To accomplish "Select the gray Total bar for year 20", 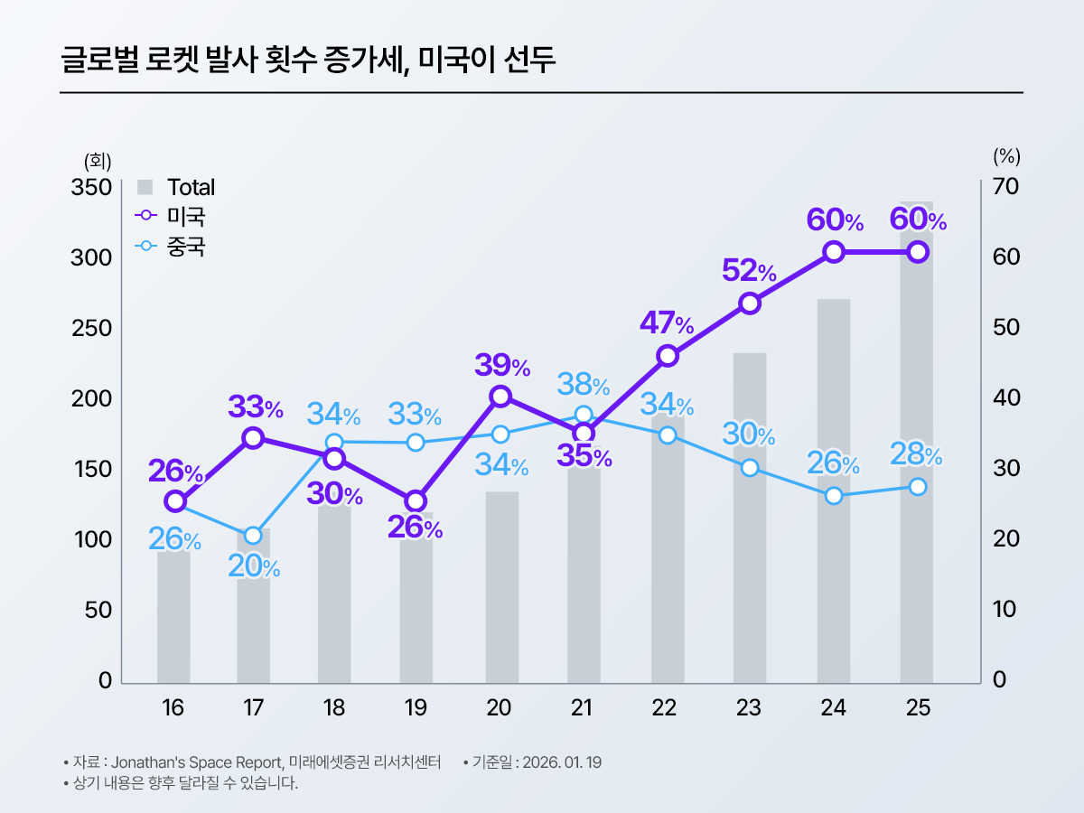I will pyautogui.click(x=501, y=587).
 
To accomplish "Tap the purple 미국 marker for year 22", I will pyautogui.click(x=668, y=356).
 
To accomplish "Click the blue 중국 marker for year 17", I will pyautogui.click(x=253, y=536).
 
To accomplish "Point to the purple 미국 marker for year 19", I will pyautogui.click(x=416, y=501).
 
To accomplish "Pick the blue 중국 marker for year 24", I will pyautogui.click(x=834, y=496).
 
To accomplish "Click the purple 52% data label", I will pyautogui.click(x=749, y=270).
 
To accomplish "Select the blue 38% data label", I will pyautogui.click(x=583, y=386).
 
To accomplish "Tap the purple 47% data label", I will pyautogui.click(x=667, y=322).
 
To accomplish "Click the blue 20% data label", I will pyautogui.click(x=253, y=568).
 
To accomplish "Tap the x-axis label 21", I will pyautogui.click(x=583, y=708).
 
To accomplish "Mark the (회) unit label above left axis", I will pyautogui.click(x=97, y=161).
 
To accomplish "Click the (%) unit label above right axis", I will pyautogui.click(x=1006, y=156).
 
